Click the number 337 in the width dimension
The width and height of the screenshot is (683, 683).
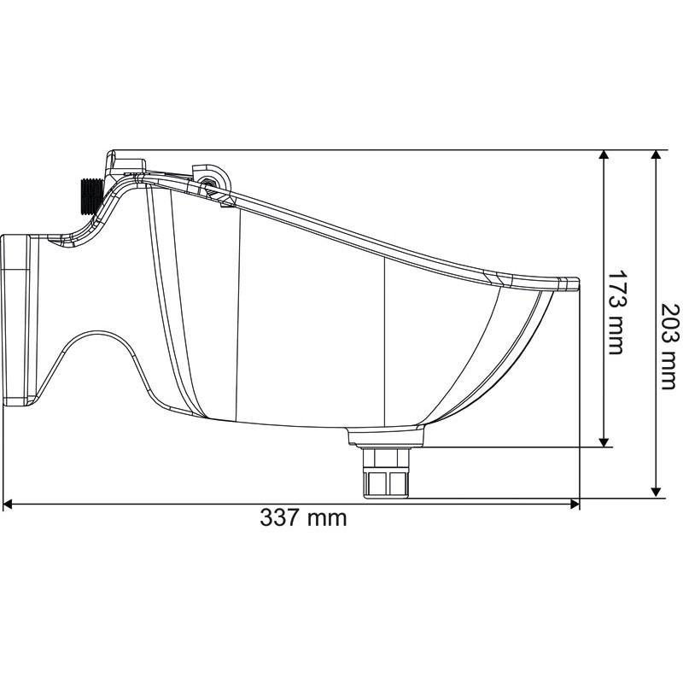[281, 517]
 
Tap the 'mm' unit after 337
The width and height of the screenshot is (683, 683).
[328, 517]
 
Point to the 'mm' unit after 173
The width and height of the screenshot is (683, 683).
[616, 336]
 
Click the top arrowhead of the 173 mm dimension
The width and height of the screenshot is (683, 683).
[604, 156]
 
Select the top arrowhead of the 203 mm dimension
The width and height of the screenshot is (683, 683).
[656, 156]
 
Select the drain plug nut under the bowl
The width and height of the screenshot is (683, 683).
[387, 474]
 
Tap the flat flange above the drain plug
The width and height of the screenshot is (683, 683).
[386, 437]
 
